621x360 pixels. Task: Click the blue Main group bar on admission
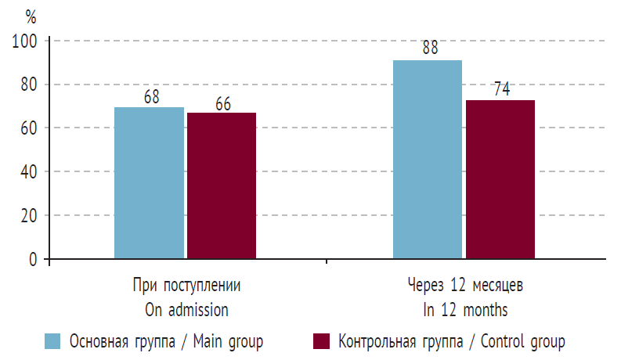click(x=149, y=182)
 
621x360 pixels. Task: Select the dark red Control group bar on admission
click(x=221, y=185)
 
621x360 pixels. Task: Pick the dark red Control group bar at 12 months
click(x=500, y=179)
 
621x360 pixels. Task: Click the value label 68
click(x=151, y=97)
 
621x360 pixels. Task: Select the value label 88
click(x=430, y=49)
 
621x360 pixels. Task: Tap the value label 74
click(x=502, y=88)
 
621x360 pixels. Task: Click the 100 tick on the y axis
click(x=26, y=41)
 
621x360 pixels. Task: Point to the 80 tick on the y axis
click(x=30, y=85)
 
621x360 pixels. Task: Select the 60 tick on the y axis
click(x=30, y=128)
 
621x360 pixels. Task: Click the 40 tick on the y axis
click(x=30, y=171)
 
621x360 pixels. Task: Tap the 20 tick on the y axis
click(x=30, y=215)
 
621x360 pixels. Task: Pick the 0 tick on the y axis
click(x=34, y=259)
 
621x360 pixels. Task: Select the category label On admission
click(x=186, y=310)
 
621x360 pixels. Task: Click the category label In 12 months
click(x=465, y=310)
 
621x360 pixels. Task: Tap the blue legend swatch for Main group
click(x=53, y=341)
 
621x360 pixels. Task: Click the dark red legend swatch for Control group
click(x=321, y=341)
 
